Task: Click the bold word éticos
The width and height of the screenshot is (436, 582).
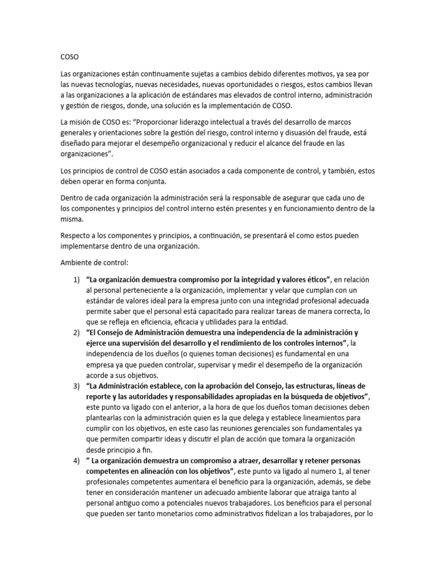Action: coord(314,280)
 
